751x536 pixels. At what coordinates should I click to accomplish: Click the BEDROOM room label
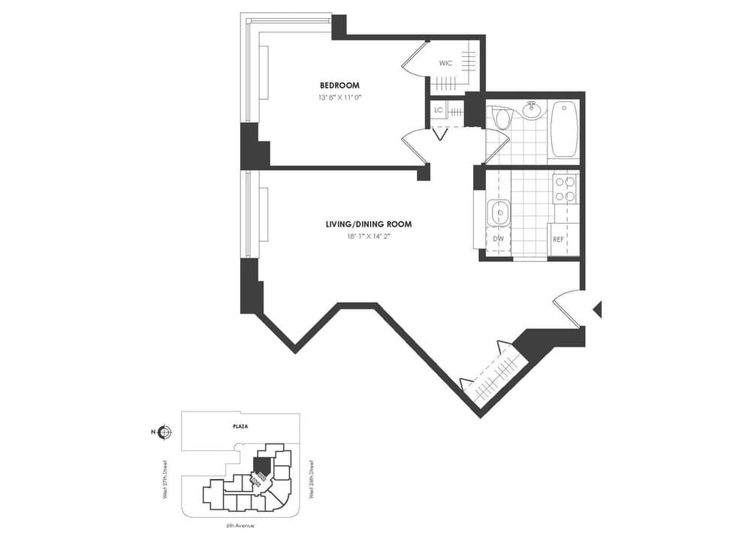point(339,85)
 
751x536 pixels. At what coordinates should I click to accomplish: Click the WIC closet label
point(446,63)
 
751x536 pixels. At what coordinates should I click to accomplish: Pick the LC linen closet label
point(439,111)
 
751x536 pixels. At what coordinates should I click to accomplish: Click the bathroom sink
point(532,110)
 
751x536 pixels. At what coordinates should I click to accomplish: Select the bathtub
point(563,128)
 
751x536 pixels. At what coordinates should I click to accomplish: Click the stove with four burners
point(565,188)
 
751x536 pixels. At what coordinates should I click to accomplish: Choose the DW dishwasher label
point(498,239)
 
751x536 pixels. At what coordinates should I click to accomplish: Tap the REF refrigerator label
point(559,239)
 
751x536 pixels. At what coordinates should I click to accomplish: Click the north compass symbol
point(166,432)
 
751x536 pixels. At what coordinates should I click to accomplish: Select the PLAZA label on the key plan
point(240,426)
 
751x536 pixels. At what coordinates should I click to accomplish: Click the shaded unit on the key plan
point(262,466)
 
